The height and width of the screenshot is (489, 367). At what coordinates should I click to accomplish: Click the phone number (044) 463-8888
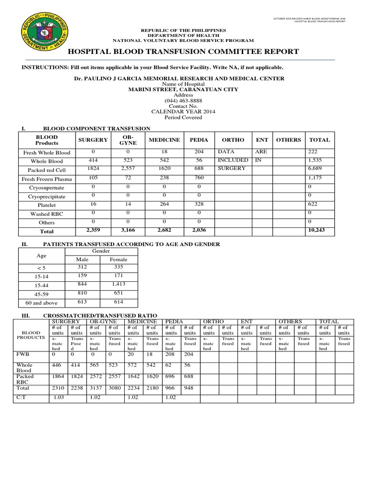coord(183,100)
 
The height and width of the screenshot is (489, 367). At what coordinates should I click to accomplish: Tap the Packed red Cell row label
coord(47,170)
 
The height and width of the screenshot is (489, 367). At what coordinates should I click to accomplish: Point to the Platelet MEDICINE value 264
coord(163,204)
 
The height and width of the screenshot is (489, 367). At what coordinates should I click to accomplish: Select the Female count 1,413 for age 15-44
coord(118,285)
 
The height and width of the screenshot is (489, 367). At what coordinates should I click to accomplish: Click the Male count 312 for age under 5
coord(83,267)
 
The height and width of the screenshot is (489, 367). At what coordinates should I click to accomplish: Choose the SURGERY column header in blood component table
coord(93,139)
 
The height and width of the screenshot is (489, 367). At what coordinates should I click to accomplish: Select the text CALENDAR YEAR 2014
coord(183,111)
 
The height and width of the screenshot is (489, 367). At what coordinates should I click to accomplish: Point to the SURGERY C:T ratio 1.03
coord(59,397)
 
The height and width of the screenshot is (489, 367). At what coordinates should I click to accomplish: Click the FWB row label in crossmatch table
coord(22,355)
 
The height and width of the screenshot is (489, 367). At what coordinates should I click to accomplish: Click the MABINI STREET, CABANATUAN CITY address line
coord(183,89)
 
